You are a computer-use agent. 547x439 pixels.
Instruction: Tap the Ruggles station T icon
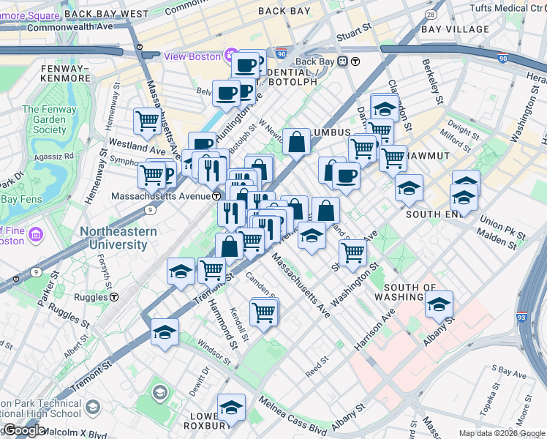point(115,297)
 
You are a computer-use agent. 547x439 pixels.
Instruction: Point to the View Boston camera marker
point(232,56)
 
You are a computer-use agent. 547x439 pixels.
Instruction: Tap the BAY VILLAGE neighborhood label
point(455,29)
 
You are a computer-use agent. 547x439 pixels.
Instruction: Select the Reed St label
point(317,363)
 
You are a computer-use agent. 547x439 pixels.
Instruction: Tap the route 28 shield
point(431,15)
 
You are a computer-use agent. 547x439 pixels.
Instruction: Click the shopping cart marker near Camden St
point(263,312)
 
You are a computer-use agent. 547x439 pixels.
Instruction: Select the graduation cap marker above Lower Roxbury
point(232,407)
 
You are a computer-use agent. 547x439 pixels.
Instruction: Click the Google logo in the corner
point(24,431)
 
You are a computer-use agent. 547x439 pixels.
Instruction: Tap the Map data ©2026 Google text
point(502,433)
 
